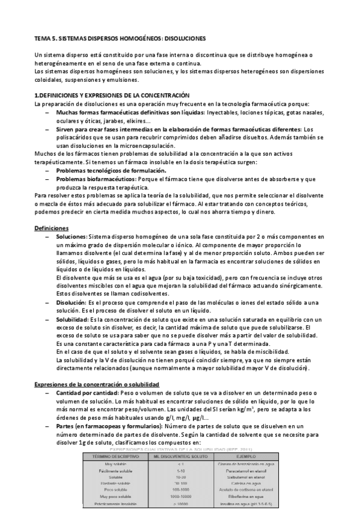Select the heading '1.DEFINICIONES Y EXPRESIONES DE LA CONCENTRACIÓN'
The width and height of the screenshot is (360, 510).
pos(112,96)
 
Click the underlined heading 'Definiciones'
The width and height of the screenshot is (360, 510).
pos(52,229)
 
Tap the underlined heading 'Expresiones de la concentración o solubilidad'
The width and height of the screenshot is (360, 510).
pos(96,383)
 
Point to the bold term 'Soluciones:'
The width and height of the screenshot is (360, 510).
pos(72,238)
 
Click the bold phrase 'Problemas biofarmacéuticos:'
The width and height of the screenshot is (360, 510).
pos(96,179)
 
